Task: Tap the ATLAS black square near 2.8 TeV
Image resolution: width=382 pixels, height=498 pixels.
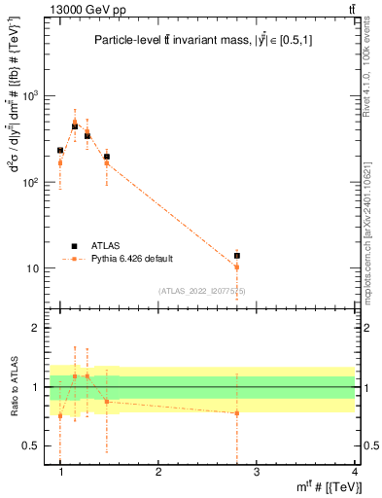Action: point(236,256)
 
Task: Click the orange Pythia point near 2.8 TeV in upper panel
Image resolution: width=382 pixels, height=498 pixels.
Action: point(236,267)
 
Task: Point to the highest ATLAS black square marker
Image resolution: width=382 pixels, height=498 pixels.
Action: point(75,126)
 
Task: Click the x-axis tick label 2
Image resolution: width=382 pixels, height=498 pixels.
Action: point(158,472)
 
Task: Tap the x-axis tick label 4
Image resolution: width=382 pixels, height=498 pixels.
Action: point(354,472)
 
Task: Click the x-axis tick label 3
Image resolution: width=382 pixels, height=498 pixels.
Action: point(256,472)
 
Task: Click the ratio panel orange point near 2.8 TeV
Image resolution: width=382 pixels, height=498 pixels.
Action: point(236,413)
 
